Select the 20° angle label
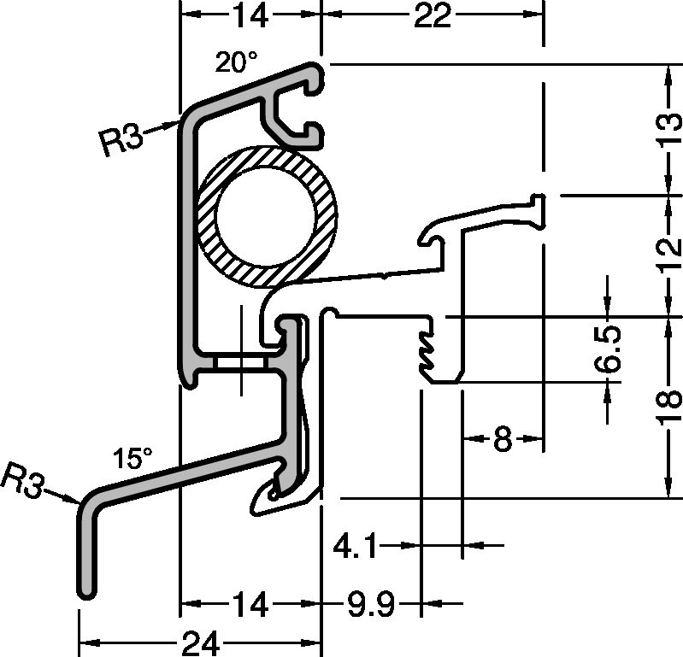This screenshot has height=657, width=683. [236, 62]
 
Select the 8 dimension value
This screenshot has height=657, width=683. [503, 440]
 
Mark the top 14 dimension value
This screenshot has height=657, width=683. [249, 15]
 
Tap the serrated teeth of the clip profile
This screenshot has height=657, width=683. [425, 349]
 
